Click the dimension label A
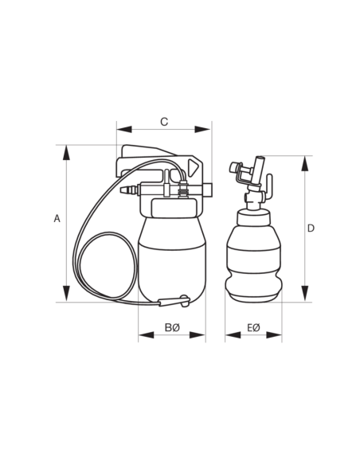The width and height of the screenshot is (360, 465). pyautogui.click(x=57, y=218)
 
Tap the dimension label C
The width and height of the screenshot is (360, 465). pyautogui.click(x=164, y=122)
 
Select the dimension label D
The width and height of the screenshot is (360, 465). pyautogui.click(x=311, y=229)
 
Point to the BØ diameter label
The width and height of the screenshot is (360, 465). pyautogui.click(x=172, y=328)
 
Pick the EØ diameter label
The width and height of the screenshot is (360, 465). pyautogui.click(x=253, y=328)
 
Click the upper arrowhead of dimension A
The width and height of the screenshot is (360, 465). pyautogui.click(x=66, y=153)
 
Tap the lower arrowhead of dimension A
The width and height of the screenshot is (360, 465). pyautogui.click(x=66, y=294)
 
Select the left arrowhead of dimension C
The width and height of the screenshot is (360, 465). pyautogui.click(x=124, y=129)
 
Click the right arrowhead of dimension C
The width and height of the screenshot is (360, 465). pyautogui.click(x=202, y=129)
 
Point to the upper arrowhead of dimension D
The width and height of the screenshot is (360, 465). pyautogui.click(x=305, y=163)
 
